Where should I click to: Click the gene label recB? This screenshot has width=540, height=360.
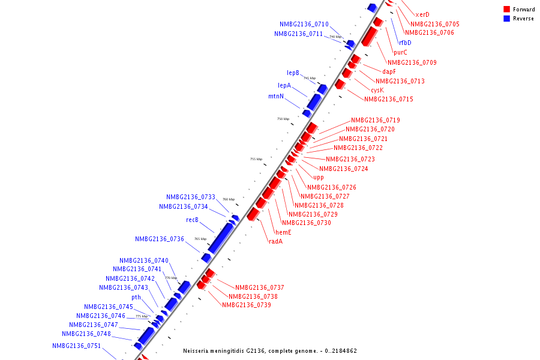[192, 220]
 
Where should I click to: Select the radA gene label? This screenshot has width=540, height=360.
[275, 241]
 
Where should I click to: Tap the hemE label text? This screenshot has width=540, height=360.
[283, 232]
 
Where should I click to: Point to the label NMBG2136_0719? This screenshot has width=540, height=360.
[375, 120]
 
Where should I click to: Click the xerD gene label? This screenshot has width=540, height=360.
[422, 14]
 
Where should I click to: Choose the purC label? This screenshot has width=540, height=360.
[400, 52]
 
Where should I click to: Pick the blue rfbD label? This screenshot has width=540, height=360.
[405, 43]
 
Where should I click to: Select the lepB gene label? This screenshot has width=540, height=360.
[293, 73]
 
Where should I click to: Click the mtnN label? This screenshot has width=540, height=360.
[276, 96]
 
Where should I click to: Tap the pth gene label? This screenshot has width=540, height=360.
[136, 297]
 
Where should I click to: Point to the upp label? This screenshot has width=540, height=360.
[319, 177]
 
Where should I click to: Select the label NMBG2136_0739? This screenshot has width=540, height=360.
[246, 305]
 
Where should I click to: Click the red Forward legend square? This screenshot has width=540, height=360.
[506, 10]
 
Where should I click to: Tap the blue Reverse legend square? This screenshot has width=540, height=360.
[506, 19]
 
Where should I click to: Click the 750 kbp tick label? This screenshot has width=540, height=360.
[283, 119]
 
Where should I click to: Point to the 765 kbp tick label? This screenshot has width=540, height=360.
[200, 239]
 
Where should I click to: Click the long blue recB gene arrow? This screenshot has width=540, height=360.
[220, 237]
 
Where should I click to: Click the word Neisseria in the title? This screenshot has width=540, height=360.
[197, 351]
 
